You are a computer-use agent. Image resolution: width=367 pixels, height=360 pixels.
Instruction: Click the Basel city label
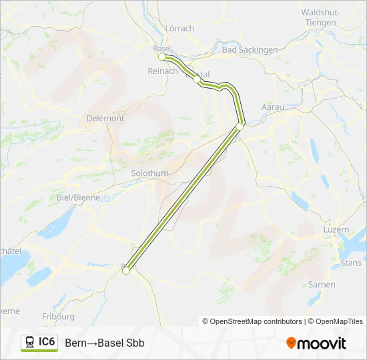tap(162, 48)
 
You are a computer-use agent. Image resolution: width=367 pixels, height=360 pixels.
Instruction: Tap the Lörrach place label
tap(179, 28)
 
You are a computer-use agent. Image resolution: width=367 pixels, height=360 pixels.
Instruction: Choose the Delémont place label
tap(105, 118)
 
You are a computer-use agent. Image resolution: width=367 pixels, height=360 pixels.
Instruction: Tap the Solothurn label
tap(150, 173)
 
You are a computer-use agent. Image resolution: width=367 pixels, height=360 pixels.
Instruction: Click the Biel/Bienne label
tap(78, 197)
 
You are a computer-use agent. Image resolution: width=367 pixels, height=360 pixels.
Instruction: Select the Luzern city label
tap(335, 229)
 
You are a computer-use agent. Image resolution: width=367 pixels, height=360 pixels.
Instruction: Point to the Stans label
tap(351, 263)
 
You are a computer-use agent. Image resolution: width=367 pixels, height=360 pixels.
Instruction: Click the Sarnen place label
tap(322, 285)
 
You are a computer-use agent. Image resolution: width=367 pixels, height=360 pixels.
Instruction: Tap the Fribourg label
tap(58, 317)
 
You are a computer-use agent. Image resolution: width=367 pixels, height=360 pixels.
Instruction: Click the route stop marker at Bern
tap(125, 270)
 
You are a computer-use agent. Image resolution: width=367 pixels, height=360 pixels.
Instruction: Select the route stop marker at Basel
tap(161, 57)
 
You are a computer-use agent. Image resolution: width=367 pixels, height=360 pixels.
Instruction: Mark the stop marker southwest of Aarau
tap(240, 126)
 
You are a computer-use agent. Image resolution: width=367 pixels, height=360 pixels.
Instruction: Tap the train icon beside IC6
tap(30, 342)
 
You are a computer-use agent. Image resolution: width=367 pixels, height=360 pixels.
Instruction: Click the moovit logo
tap(316, 343)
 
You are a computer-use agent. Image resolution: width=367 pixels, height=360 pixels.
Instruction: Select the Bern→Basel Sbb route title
tap(105, 343)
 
